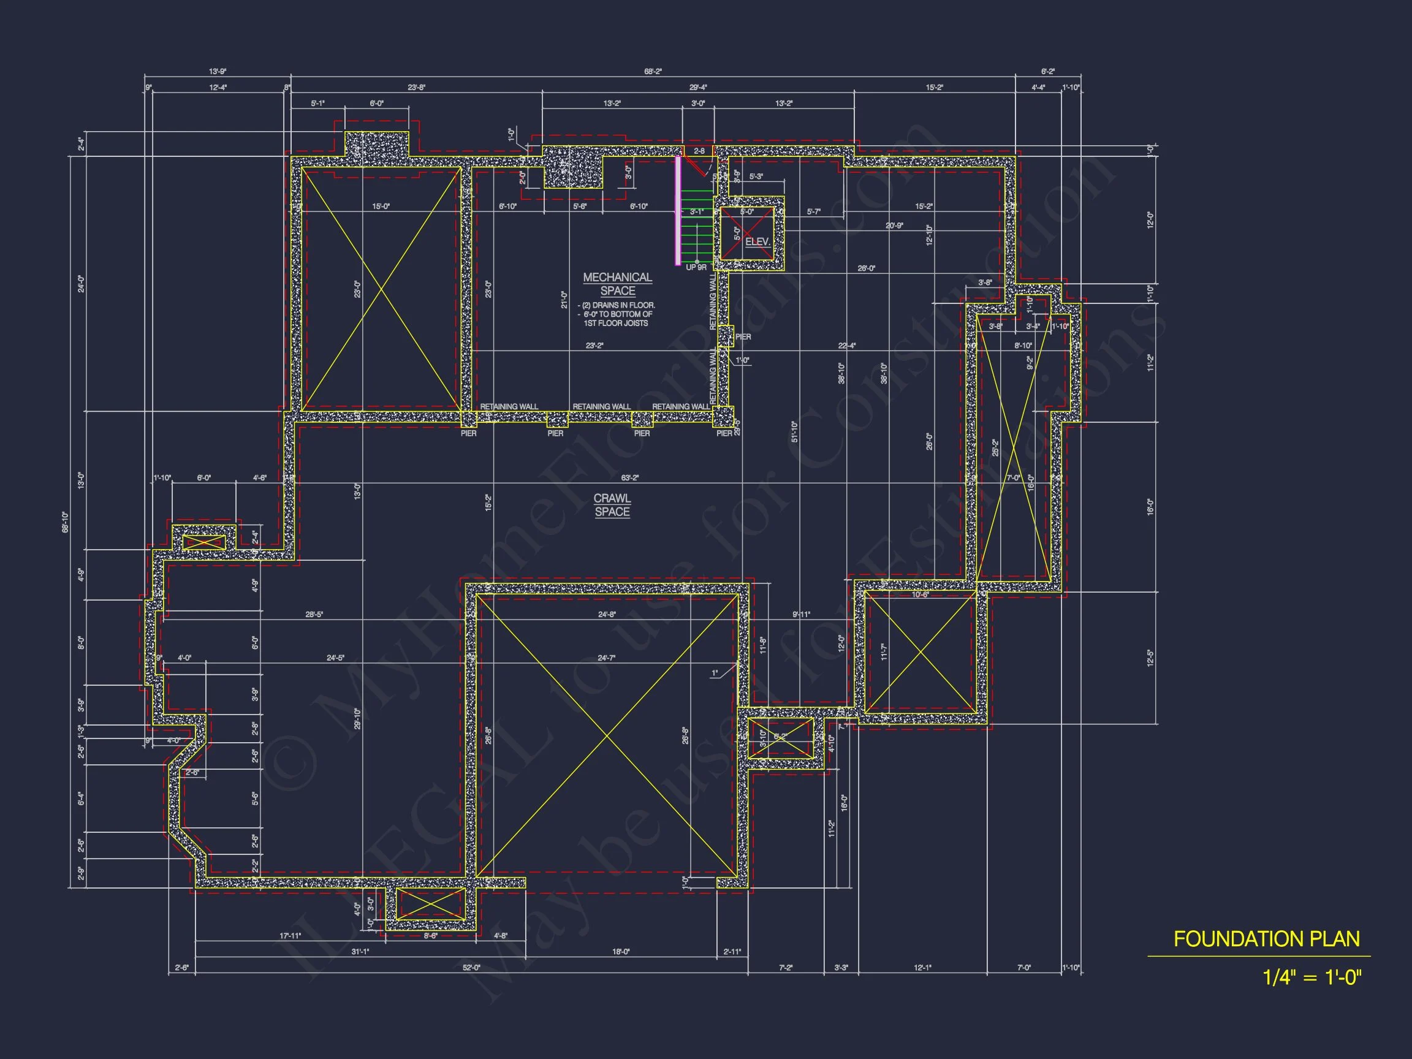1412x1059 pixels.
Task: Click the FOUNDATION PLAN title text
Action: click(1267, 939)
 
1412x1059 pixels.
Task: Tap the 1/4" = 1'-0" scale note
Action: click(1311, 977)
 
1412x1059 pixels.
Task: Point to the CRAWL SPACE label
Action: click(612, 505)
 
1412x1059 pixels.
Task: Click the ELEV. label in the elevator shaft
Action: click(757, 242)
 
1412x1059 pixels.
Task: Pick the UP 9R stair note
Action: click(696, 267)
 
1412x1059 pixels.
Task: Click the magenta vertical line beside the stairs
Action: click(678, 210)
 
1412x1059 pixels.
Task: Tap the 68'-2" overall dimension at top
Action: click(653, 72)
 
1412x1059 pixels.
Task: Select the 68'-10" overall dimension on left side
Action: click(65, 522)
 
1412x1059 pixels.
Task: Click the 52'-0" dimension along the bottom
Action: click(471, 968)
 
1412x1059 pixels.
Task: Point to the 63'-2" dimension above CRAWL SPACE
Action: click(629, 477)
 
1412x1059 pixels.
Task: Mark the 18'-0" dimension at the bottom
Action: click(620, 952)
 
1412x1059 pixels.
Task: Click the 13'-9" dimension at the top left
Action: click(218, 72)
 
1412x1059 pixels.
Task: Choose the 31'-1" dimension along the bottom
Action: click(360, 952)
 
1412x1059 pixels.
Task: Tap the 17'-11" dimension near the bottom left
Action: click(290, 936)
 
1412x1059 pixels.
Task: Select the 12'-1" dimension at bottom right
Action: click(922, 968)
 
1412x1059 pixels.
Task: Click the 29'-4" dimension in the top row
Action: click(697, 88)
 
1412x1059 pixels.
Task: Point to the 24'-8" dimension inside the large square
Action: click(607, 615)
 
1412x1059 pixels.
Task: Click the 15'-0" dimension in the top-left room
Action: click(381, 206)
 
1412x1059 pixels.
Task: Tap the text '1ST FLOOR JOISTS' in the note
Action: click(615, 324)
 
